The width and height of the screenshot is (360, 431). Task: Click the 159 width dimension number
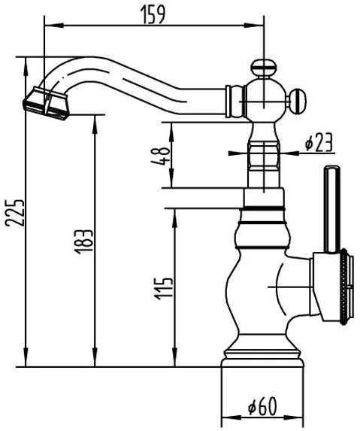tap(153, 14)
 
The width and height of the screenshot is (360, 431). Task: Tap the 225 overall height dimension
tap(15, 213)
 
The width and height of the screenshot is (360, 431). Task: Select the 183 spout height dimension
tap(83, 241)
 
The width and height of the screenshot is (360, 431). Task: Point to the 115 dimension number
tap(163, 289)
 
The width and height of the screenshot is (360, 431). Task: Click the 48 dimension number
tap(161, 156)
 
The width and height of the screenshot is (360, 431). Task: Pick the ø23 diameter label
tap(319, 142)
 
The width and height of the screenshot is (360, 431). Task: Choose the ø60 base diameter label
tap(262, 406)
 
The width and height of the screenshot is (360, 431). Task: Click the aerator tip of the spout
tap(46, 104)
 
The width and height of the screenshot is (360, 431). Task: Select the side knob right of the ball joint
tap(297, 101)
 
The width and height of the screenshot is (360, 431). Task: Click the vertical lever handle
tap(331, 209)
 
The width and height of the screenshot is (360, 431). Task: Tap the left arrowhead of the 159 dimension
tap(54, 26)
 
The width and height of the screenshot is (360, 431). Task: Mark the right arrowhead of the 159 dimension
tap(254, 26)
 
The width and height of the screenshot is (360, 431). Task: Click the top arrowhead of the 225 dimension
tap(26, 66)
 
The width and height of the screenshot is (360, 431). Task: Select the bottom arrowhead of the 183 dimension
tap(95, 357)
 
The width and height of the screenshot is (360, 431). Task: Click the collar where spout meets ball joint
tap(234, 102)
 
